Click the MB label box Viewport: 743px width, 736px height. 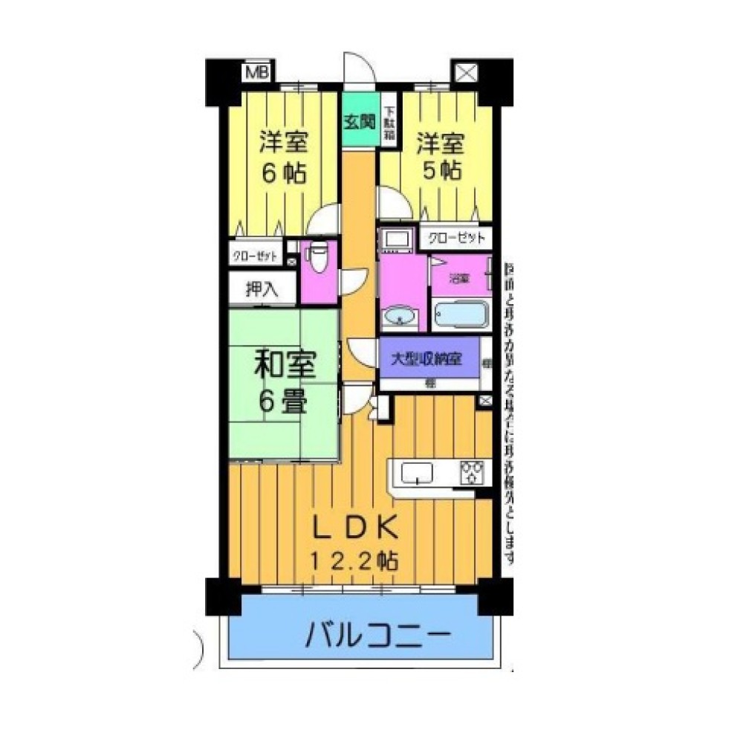(x=257, y=72)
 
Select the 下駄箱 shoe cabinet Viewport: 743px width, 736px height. (x=389, y=123)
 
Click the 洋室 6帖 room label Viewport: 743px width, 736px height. (x=282, y=157)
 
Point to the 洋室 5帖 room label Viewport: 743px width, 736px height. (x=438, y=154)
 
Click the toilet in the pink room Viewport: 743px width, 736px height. (x=317, y=261)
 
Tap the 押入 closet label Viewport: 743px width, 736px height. (x=262, y=289)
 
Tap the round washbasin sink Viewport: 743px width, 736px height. (x=401, y=318)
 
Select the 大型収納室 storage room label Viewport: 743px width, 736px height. (x=428, y=358)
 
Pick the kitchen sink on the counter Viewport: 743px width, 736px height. (x=418, y=471)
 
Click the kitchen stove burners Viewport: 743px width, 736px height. (x=472, y=471)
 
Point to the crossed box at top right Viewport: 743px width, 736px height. (x=465, y=73)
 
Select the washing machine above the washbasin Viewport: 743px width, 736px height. (x=393, y=240)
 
